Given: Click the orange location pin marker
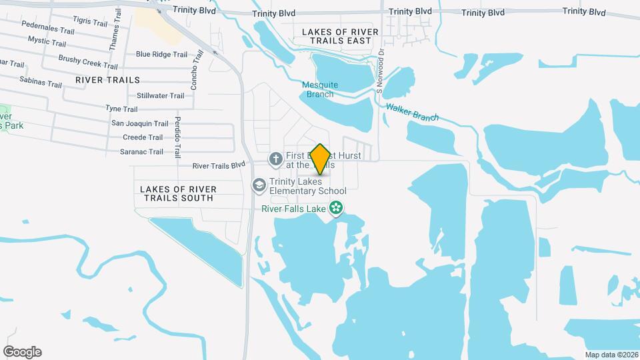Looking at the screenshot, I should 320,159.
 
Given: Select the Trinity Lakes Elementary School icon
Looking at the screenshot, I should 258,185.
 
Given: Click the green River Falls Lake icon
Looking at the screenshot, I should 337,207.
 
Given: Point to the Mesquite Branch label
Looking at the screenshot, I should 320,89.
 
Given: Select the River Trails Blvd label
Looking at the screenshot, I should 219,165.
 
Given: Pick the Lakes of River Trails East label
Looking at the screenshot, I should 340,36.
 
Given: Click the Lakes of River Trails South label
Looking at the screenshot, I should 177,193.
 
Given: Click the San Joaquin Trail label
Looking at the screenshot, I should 139,123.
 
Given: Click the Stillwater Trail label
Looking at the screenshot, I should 160,96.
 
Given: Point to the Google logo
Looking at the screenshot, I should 22,352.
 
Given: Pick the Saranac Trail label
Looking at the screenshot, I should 137,151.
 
